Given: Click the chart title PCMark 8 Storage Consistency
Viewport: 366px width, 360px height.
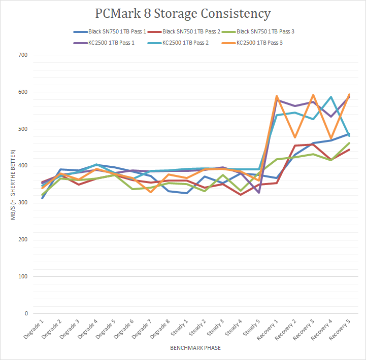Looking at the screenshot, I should pyautogui.click(x=183, y=14).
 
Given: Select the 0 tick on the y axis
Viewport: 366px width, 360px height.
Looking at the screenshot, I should pyautogui.click(x=25, y=314).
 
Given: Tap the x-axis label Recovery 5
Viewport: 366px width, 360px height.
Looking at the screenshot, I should pyautogui.click(x=340, y=330).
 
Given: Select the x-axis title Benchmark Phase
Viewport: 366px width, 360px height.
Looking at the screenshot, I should pyautogui.click(x=195, y=349).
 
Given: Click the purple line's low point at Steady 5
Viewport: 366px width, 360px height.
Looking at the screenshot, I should pyautogui.click(x=260, y=193).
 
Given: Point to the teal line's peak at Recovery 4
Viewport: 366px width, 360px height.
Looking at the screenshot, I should pyautogui.click(x=331, y=97).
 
